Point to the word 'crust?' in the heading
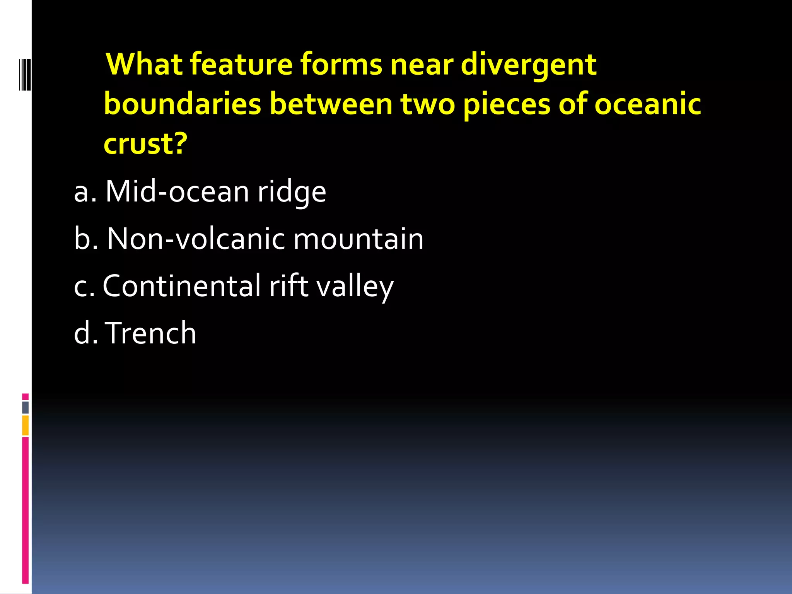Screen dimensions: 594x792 pyautogui.click(x=145, y=143)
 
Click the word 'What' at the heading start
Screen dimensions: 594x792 pyautogui.click(x=145, y=64)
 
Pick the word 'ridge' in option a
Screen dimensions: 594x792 pyautogui.click(x=292, y=192)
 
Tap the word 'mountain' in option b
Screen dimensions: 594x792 pyautogui.click(x=358, y=239)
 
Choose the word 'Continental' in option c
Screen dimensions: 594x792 pyautogui.click(x=182, y=286)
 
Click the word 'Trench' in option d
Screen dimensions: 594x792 pyautogui.click(x=151, y=333)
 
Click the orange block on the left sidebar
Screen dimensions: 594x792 pyautogui.click(x=25, y=425)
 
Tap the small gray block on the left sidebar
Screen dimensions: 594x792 pyautogui.click(x=25, y=408)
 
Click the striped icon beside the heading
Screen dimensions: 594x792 pyautogui.click(x=25, y=74)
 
